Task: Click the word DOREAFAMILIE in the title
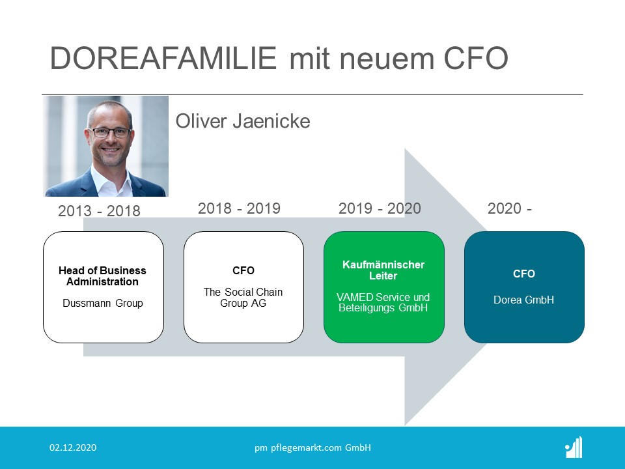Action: coord(163,58)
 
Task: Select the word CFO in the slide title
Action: coord(476,58)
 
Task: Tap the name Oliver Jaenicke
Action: coord(243,121)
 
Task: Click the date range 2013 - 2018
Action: coord(99,211)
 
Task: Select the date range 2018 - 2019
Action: coord(239,208)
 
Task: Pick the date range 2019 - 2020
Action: coord(380,208)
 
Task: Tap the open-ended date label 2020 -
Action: coord(509,208)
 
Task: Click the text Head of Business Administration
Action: coord(102,276)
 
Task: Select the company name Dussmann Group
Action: coord(103,303)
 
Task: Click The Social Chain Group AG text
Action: coord(243,298)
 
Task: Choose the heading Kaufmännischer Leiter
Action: coord(383,270)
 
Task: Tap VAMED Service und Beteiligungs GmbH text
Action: coord(383,302)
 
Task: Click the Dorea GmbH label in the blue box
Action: coord(523,300)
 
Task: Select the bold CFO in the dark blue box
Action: coord(523,274)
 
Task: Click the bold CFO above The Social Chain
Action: coord(243,270)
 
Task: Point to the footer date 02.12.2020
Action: coord(73,448)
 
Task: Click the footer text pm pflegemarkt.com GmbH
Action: coord(313,448)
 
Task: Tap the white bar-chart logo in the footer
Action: coord(574,447)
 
